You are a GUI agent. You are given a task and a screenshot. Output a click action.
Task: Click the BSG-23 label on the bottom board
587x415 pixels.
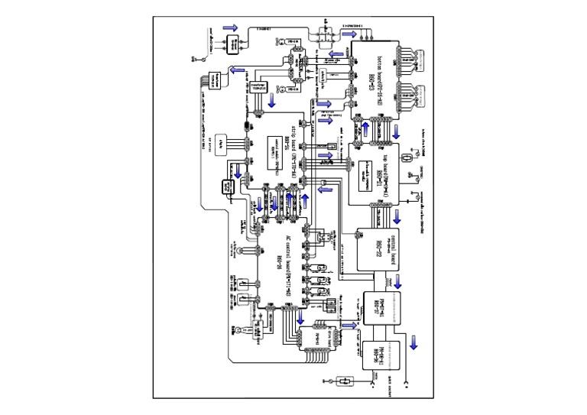(x=371, y=76)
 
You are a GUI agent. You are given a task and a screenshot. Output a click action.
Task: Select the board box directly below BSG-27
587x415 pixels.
(x=380, y=352)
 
